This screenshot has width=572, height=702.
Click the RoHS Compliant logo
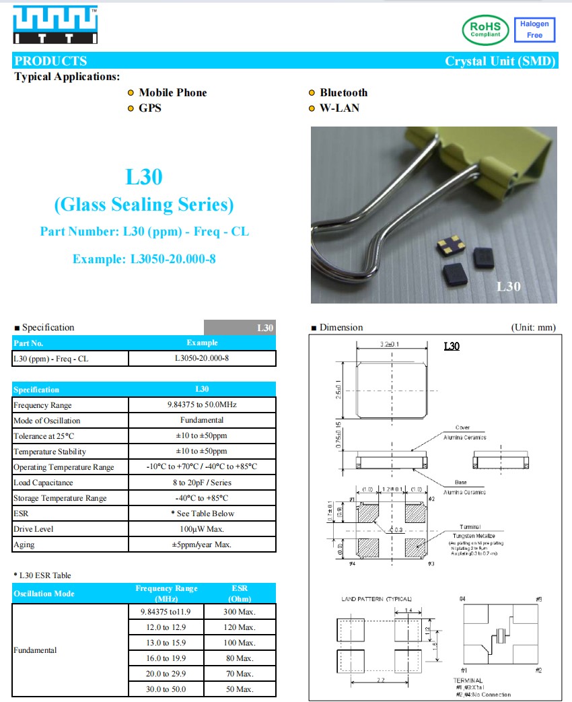tap(486, 30)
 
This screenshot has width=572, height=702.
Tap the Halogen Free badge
tap(534, 30)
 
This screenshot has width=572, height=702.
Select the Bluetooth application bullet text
tap(343, 93)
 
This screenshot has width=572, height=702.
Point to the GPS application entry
tap(149, 108)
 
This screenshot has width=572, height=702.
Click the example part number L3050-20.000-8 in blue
tap(144, 259)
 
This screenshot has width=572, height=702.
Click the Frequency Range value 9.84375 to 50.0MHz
tap(202, 405)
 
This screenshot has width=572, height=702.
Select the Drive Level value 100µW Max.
tap(202, 529)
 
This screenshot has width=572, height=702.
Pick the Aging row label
tap(24, 545)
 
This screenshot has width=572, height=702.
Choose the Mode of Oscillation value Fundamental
tap(202, 421)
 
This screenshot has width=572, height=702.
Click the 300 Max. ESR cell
tap(240, 612)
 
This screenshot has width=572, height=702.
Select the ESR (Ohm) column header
tap(240, 593)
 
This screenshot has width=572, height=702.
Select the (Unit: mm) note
tap(534, 328)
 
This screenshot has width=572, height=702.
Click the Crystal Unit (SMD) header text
tap(500, 61)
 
